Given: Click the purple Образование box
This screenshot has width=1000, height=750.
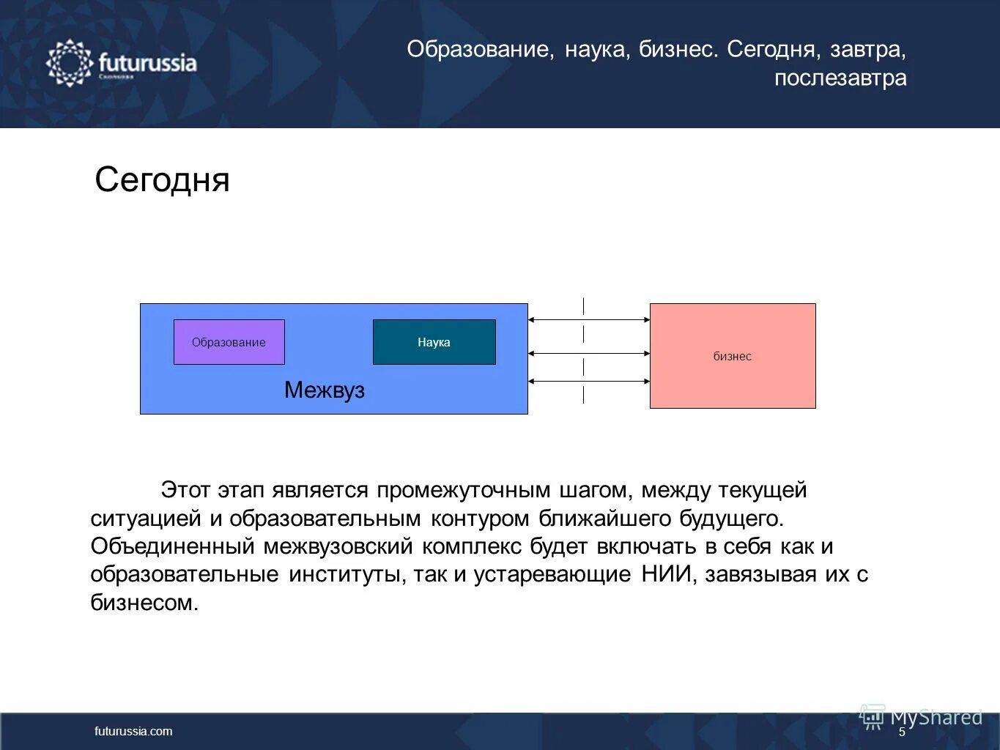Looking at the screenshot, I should [x=229, y=342].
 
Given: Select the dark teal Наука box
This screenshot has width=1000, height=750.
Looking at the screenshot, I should [x=434, y=342].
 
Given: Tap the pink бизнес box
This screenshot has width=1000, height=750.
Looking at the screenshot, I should [x=732, y=356].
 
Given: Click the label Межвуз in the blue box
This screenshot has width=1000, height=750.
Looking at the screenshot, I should [x=324, y=390].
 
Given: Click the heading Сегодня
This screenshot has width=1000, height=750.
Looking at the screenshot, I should [x=162, y=179].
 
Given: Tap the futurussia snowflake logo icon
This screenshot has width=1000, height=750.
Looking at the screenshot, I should [x=69, y=64].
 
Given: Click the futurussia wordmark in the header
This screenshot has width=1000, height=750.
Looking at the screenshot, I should [x=147, y=62].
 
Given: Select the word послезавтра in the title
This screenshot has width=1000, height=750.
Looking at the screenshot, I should [x=840, y=78].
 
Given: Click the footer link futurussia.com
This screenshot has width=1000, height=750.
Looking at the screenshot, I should [x=133, y=731].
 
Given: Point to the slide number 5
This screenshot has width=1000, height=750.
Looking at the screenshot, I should [x=902, y=732].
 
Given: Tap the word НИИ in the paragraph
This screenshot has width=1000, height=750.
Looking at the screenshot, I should [x=667, y=574].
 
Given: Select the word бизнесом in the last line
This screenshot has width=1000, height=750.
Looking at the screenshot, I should [x=144, y=603].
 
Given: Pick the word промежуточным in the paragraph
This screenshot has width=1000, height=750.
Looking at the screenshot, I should [x=464, y=490].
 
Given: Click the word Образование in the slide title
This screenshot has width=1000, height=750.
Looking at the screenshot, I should [x=480, y=50].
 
